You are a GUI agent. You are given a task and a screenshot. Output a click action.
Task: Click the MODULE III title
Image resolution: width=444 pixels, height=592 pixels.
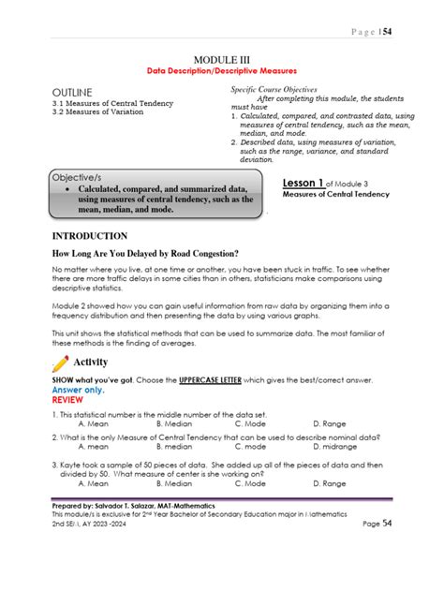(222, 59)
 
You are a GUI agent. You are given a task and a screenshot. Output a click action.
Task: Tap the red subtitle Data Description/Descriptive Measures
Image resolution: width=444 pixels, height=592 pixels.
(221, 71)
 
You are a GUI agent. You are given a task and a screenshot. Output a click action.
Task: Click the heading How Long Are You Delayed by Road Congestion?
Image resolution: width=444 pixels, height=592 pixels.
(144, 254)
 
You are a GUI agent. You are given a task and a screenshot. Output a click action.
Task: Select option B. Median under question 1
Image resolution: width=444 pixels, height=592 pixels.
(175, 423)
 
